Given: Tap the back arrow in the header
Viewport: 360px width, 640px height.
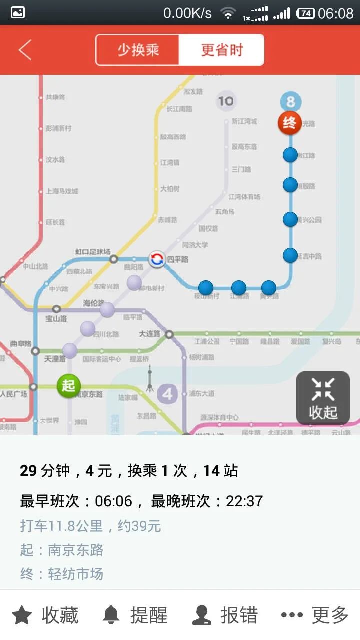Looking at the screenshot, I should click(x=25, y=50).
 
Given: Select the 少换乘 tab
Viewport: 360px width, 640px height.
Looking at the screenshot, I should click(x=138, y=50).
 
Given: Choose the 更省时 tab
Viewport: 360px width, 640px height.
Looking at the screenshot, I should click(x=221, y=50).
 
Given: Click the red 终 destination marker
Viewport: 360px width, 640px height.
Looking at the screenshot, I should click(x=290, y=123).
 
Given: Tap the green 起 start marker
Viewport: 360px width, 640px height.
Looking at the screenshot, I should click(x=68, y=386).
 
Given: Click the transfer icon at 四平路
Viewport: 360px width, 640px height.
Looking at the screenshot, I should click(x=157, y=259).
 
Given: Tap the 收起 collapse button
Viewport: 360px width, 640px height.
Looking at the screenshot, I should click(x=323, y=398).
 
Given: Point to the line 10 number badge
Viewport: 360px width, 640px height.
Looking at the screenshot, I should click(x=225, y=101).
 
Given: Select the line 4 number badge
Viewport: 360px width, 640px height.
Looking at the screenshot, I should click(x=167, y=394).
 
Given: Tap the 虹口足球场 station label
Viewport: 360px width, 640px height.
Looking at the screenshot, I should click(x=92, y=252).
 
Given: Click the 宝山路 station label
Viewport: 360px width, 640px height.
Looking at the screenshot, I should click(x=56, y=318).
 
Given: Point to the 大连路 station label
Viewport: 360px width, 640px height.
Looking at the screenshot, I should click(x=150, y=334).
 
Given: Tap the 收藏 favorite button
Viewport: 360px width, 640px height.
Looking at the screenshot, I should click(x=45, y=615).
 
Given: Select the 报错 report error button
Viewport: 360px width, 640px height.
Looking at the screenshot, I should click(x=225, y=615).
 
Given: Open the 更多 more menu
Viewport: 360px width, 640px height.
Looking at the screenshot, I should click(x=314, y=615).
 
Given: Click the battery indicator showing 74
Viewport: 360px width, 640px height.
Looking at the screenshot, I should click(x=305, y=13).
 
